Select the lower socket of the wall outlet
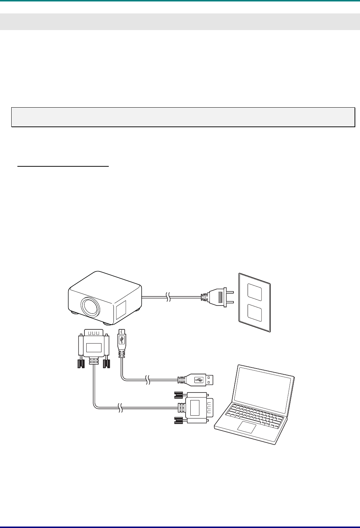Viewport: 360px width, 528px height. [x=254, y=312]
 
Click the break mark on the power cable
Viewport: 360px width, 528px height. [x=167, y=297]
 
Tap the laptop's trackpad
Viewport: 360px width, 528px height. [x=247, y=427]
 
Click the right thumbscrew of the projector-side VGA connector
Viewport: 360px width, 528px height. [x=107, y=363]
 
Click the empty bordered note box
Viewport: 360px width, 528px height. [x=183, y=117]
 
